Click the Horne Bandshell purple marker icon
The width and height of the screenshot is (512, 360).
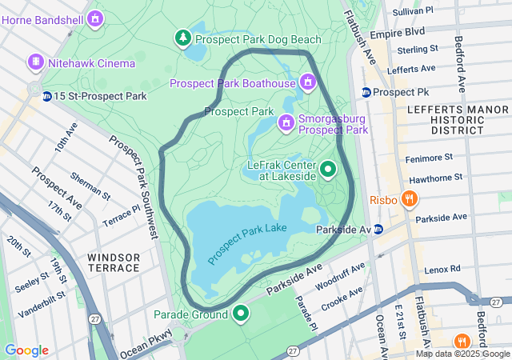pos(96,17)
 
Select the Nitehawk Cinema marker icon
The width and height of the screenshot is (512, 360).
pos(36,62)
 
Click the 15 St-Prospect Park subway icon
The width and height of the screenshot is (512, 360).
pos(47,96)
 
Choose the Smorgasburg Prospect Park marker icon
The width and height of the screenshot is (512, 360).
pos(286,122)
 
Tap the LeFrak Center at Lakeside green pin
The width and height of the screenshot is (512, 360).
pos(328,170)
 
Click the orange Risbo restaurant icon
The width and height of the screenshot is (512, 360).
pos(409,198)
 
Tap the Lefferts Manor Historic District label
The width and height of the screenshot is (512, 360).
pos(446,118)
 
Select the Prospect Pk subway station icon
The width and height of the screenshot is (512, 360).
pos(366,92)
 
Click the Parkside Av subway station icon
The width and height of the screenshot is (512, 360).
pos(378,230)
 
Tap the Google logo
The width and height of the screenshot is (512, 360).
pos(26,350)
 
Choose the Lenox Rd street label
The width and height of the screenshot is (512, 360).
pos(444,270)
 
